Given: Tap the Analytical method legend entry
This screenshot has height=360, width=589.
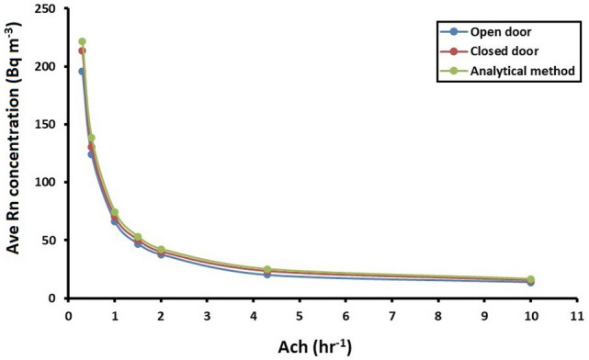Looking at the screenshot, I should tap(523, 68).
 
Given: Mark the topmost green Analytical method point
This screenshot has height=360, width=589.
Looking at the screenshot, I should tap(82, 41).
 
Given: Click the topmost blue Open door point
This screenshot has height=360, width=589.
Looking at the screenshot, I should tap(82, 72).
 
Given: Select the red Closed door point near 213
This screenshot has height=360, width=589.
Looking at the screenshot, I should tap(82, 51).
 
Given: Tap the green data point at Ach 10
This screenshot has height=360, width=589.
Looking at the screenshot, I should tap(530, 279).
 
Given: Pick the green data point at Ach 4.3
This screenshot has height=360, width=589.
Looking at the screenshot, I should tap(267, 269).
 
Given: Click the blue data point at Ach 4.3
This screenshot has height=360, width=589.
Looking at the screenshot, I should tap(267, 275).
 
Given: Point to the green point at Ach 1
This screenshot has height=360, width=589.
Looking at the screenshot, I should tap(115, 212).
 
